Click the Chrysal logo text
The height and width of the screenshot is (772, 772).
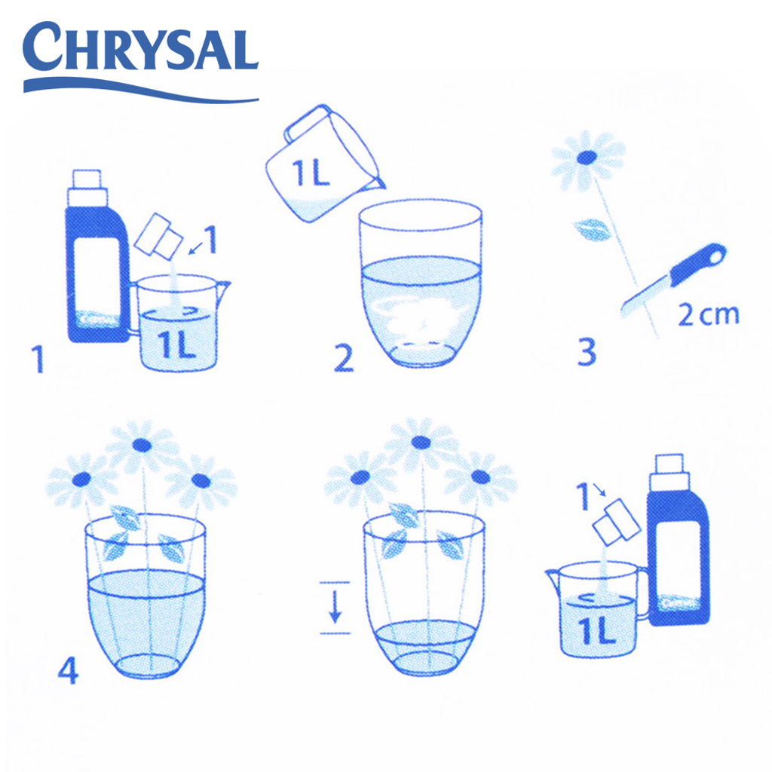pyautogui.click(x=140, y=46)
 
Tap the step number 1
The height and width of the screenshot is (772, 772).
pyautogui.click(x=38, y=358)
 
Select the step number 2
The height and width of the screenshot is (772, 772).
pyautogui.click(x=343, y=358)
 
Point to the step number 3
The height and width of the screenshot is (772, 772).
pyautogui.click(x=587, y=351)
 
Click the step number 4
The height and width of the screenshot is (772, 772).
pyautogui.click(x=68, y=670)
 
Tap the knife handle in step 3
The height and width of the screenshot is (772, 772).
pyautogui.click(x=697, y=265)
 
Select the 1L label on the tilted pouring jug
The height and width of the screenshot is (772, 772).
pyautogui.click(x=310, y=173)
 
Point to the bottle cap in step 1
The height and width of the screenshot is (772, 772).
pyautogui.click(x=87, y=188)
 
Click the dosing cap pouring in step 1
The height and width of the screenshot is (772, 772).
pyautogui.click(x=158, y=236)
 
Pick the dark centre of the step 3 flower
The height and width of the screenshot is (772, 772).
pyautogui.click(x=587, y=157)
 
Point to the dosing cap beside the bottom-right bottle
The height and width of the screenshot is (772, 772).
pyautogui.click(x=617, y=522)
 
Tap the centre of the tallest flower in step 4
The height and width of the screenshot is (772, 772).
pyautogui.click(x=142, y=445)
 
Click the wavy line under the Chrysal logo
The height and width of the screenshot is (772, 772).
pyautogui.click(x=141, y=90)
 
